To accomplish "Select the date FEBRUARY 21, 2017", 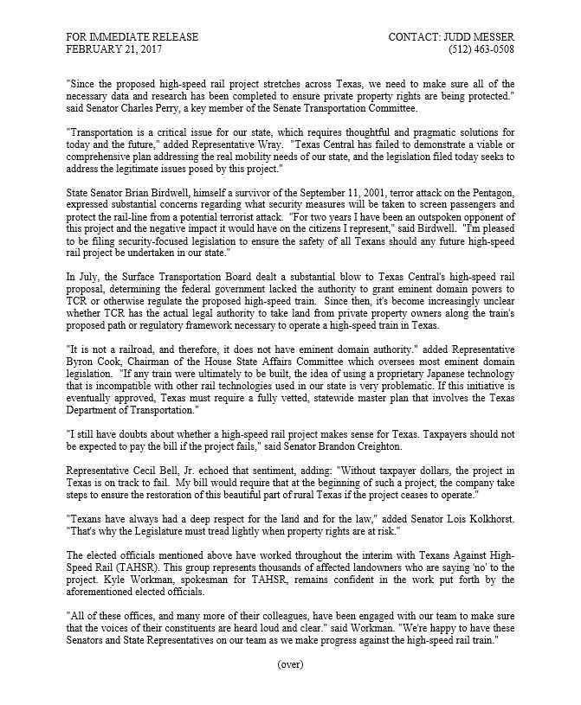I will tap(113, 50).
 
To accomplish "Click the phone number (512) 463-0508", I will tap(480, 50).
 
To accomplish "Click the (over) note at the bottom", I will tap(290, 664).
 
